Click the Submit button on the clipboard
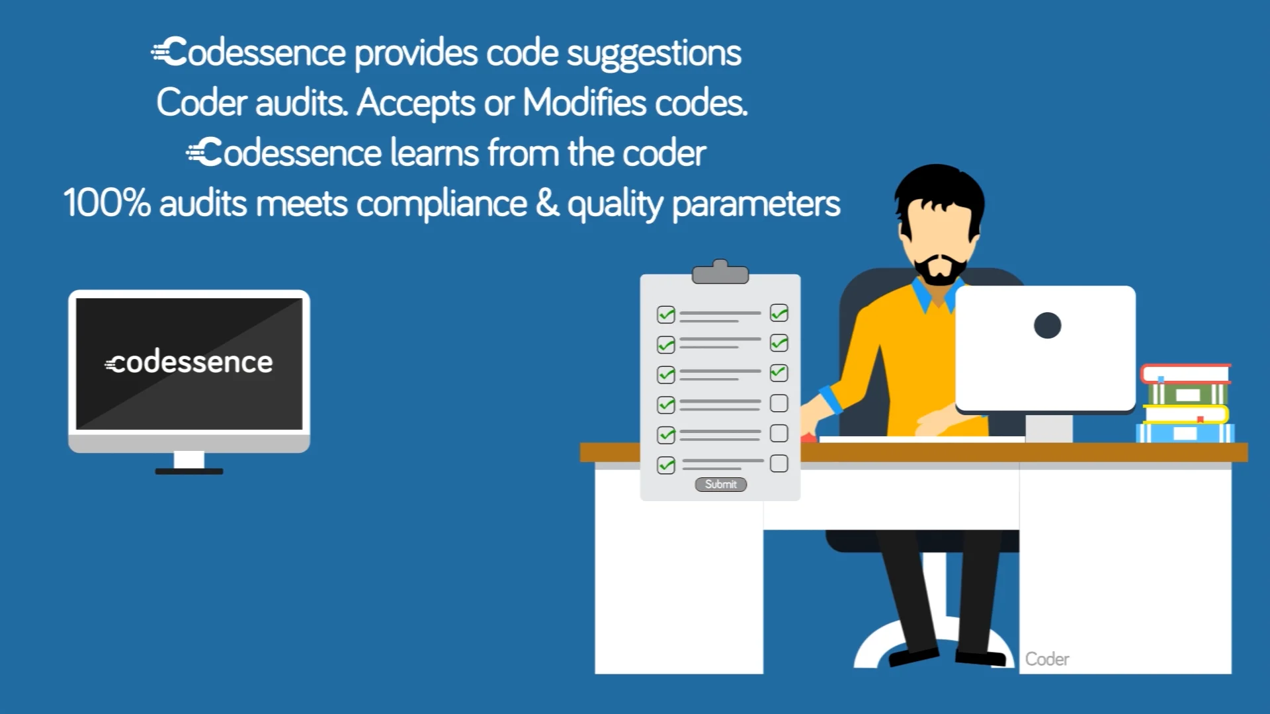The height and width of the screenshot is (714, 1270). click(x=720, y=485)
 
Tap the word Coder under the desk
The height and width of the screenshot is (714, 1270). click(x=1046, y=659)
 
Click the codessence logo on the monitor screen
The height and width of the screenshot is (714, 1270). click(x=189, y=362)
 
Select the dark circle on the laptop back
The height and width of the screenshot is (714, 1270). click(x=1047, y=325)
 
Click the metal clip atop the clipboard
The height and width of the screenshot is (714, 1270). click(x=720, y=272)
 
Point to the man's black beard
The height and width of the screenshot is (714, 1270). click(x=939, y=272)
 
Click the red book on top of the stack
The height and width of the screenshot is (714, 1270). click(x=1185, y=374)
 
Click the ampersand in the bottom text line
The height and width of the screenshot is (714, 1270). click(x=547, y=203)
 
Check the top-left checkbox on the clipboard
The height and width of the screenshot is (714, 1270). click(x=666, y=315)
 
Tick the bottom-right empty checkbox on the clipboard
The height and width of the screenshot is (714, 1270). click(x=779, y=463)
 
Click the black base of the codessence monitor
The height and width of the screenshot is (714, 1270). click(x=189, y=471)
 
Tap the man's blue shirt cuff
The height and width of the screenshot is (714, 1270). click(x=830, y=399)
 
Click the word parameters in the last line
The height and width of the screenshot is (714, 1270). click(x=756, y=204)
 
